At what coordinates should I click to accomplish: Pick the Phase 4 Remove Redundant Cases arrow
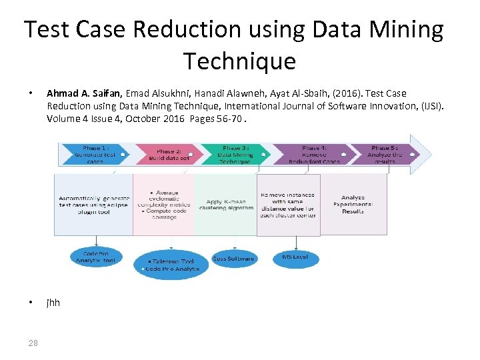coord(313,153)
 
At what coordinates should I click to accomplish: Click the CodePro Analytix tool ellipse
coord(99,257)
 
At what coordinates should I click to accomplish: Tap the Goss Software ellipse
coord(233,258)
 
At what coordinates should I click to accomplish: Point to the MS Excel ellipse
coord(295,257)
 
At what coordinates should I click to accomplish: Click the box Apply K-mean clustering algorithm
coord(226,204)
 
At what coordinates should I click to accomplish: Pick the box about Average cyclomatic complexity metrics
coord(164,204)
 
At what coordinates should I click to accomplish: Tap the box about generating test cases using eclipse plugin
coord(93,204)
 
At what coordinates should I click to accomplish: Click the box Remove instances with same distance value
coord(288,204)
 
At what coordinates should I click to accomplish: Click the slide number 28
coord(33,343)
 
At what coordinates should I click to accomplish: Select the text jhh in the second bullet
coord(53,303)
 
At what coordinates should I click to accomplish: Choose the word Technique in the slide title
coord(239,61)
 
